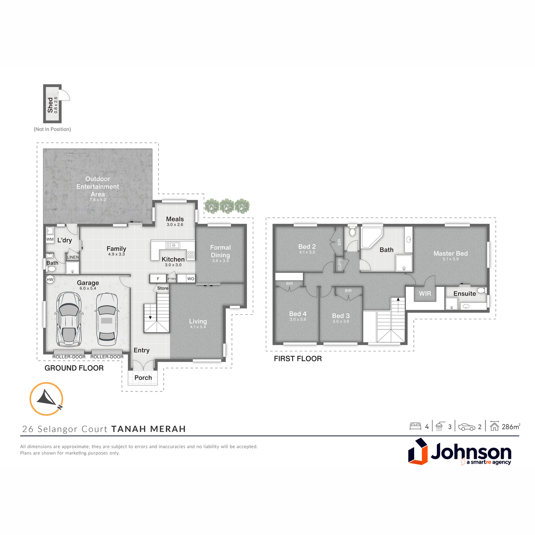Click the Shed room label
50,105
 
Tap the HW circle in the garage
50,279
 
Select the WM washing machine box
50,239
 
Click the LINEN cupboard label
73,257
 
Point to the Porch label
143,378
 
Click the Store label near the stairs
163,288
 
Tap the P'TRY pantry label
172,279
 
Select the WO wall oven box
190,279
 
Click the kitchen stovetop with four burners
191,255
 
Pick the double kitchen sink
173,245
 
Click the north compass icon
46,399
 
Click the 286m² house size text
511,427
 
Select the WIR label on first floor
425,293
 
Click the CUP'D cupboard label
340,264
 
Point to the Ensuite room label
465,293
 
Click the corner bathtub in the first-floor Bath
371,237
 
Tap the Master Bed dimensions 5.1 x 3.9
451,259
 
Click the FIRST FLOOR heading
298,359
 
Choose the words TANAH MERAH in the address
148,429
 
